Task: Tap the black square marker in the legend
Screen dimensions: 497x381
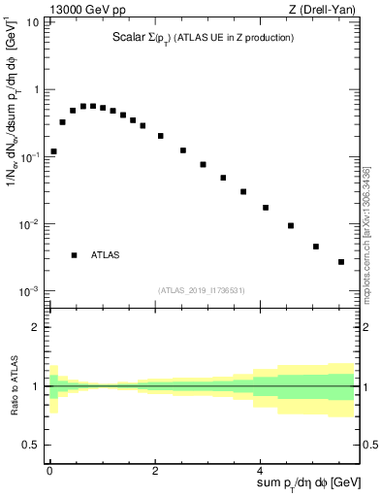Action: coord(74,255)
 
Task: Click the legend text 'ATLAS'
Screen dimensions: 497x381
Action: coord(105,255)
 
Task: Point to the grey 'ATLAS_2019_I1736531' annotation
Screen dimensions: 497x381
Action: coord(203,289)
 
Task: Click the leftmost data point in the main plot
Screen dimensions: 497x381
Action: coord(53,151)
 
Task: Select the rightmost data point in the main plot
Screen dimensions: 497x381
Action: coord(341,262)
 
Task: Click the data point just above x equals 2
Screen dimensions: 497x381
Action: coord(161,136)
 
